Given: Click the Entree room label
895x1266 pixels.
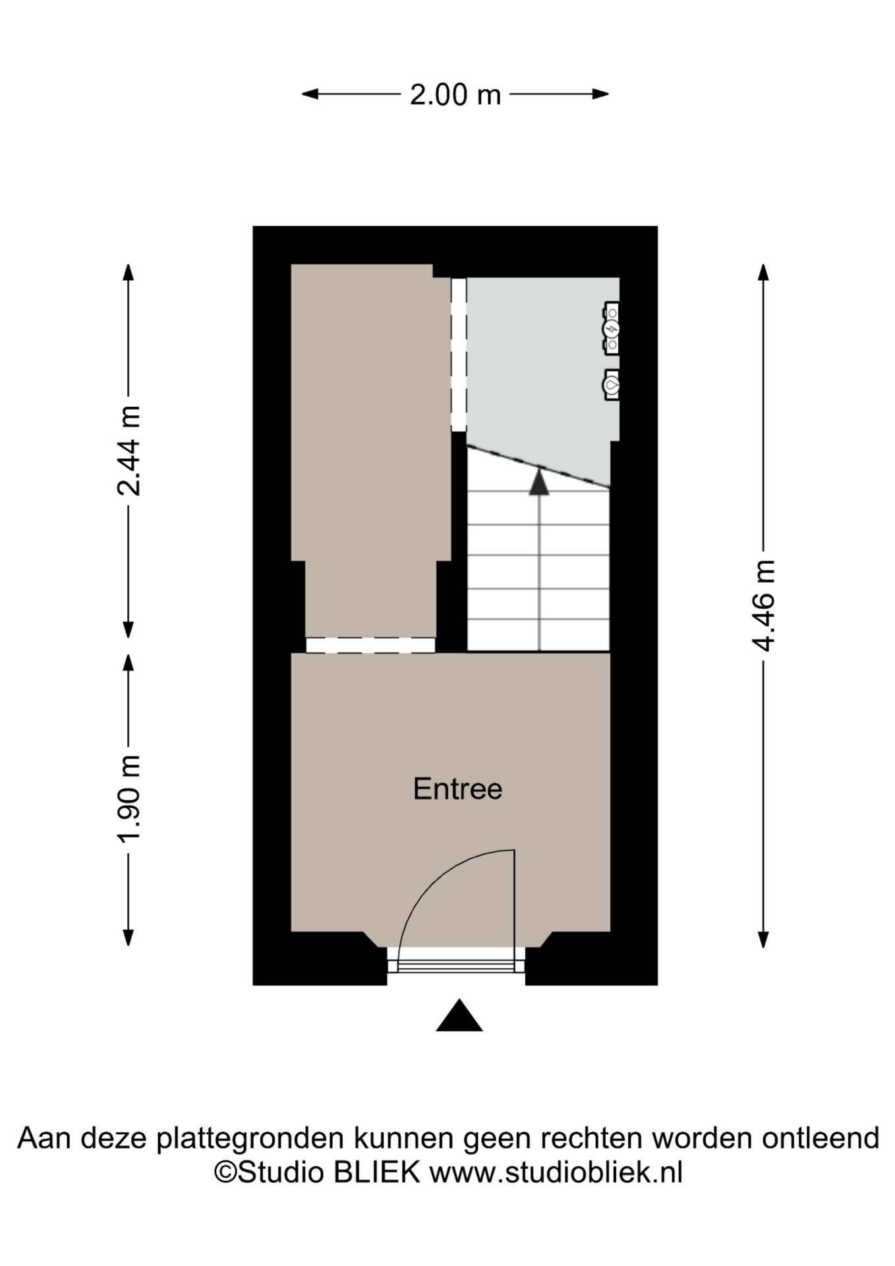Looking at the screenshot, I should pyautogui.click(x=457, y=789).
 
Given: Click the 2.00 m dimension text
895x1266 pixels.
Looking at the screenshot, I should pyautogui.click(x=455, y=95).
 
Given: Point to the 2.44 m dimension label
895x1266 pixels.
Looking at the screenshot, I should pyautogui.click(x=129, y=450).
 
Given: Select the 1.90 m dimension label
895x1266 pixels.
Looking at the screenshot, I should pyautogui.click(x=129, y=798).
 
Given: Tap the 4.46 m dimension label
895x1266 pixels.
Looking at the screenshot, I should pyautogui.click(x=763, y=605).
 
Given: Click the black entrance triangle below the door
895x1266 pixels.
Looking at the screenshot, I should pyautogui.click(x=459, y=1016).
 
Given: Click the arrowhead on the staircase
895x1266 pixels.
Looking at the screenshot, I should pyautogui.click(x=539, y=481).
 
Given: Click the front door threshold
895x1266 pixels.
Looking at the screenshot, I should pyautogui.click(x=455, y=965).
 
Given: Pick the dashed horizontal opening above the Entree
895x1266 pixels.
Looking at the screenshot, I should pyautogui.click(x=370, y=645).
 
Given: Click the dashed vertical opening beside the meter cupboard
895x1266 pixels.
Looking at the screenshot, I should pyautogui.click(x=459, y=354).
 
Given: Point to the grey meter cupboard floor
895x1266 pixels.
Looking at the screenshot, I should pyautogui.click(x=537, y=369).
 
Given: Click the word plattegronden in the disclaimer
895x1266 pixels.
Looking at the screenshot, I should pyautogui.click(x=250, y=1139).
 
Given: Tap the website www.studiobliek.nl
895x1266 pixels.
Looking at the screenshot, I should pyautogui.click(x=556, y=1173).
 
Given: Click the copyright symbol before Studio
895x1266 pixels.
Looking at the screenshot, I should pyautogui.click(x=225, y=1174).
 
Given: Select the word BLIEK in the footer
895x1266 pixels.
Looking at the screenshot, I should pyautogui.click(x=377, y=1173).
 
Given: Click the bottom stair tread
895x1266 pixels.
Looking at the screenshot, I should pyautogui.click(x=538, y=635).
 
